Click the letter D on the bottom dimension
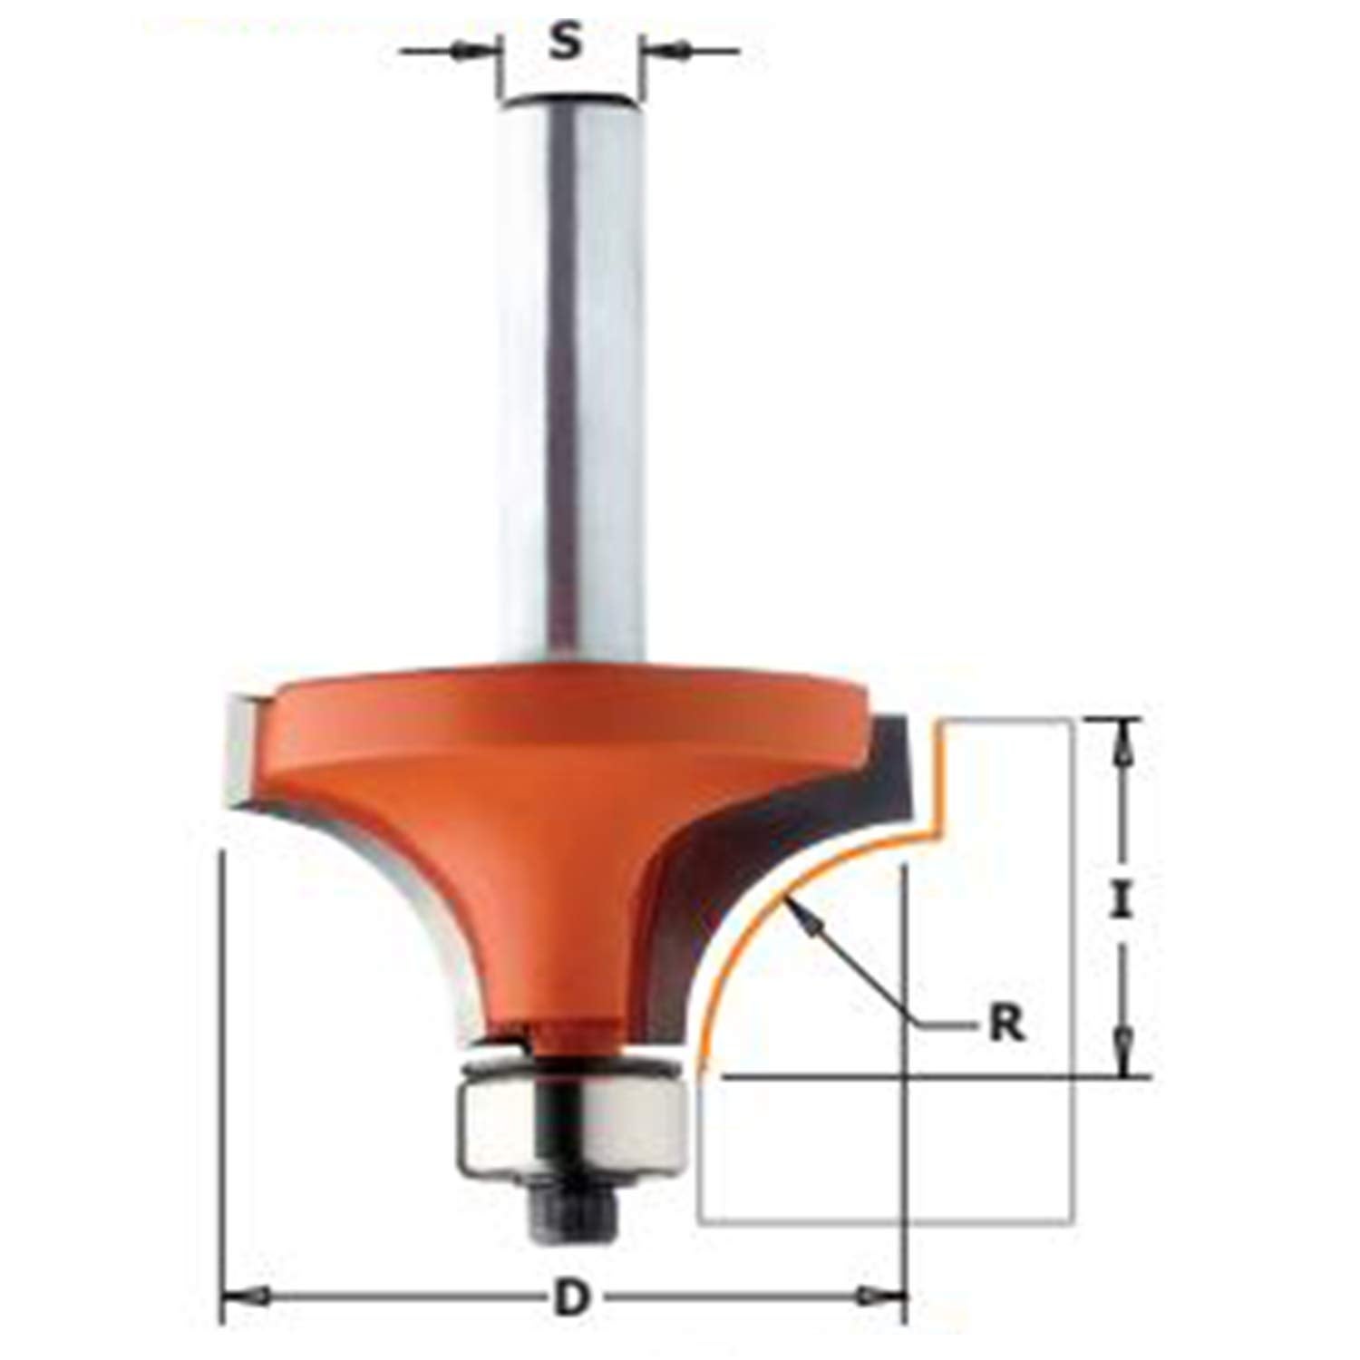point(569,1299)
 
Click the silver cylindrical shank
point(570,381)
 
